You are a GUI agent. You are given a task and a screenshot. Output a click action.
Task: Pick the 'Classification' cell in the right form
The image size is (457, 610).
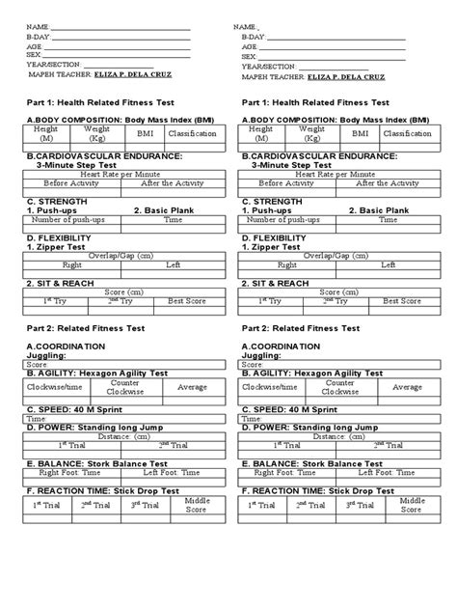(x=407, y=134)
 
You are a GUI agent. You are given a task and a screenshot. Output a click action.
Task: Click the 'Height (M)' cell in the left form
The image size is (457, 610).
(x=45, y=134)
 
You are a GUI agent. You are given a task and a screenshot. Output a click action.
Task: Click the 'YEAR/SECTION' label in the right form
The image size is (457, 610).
(x=268, y=66)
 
